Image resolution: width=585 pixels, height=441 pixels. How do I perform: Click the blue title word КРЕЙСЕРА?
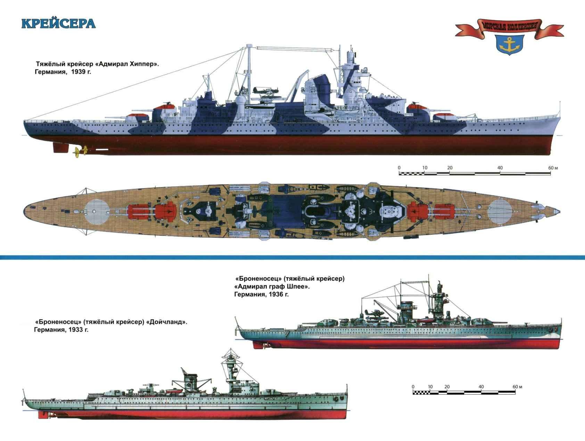(x=58, y=23)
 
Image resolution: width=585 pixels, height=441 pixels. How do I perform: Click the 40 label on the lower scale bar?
(x=481, y=386)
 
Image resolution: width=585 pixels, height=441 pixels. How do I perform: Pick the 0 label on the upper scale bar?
(x=399, y=168)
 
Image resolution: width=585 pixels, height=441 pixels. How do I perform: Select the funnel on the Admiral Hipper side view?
(x=318, y=89)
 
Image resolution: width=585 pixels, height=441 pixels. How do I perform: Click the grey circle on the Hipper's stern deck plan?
(x=95, y=211)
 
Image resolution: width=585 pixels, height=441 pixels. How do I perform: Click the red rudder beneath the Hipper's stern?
(x=60, y=147)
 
